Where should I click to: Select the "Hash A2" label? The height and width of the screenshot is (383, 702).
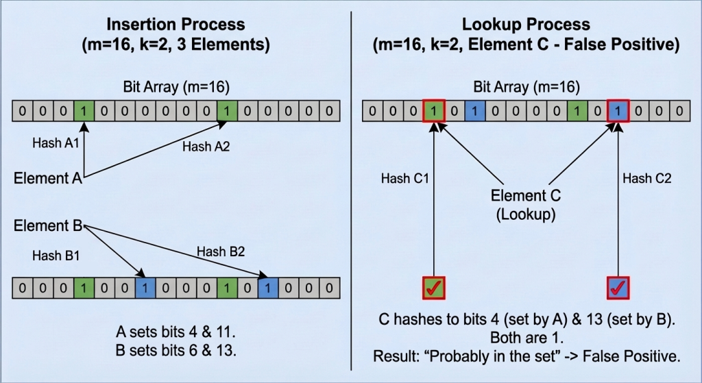point(206,145)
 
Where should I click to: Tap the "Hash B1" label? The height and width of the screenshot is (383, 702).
point(55,255)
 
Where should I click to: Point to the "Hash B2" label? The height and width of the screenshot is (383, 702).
point(219,251)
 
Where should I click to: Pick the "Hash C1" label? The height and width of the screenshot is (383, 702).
point(404,178)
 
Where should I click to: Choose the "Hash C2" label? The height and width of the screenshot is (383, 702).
point(646,178)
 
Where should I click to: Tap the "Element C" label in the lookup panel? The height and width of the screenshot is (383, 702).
point(526,196)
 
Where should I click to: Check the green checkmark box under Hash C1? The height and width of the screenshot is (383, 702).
point(434,288)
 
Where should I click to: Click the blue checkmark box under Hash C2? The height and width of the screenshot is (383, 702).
point(618,288)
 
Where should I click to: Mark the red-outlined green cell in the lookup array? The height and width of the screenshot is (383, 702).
point(434,110)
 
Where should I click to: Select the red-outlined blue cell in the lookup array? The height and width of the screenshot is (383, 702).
point(618,110)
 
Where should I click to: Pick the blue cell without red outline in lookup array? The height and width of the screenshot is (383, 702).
point(474,110)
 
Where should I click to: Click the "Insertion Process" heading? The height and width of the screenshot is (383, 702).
point(175,25)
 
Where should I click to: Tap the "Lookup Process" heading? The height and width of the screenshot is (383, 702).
point(526,25)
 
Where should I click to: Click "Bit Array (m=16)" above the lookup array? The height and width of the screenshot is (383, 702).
point(526,88)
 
